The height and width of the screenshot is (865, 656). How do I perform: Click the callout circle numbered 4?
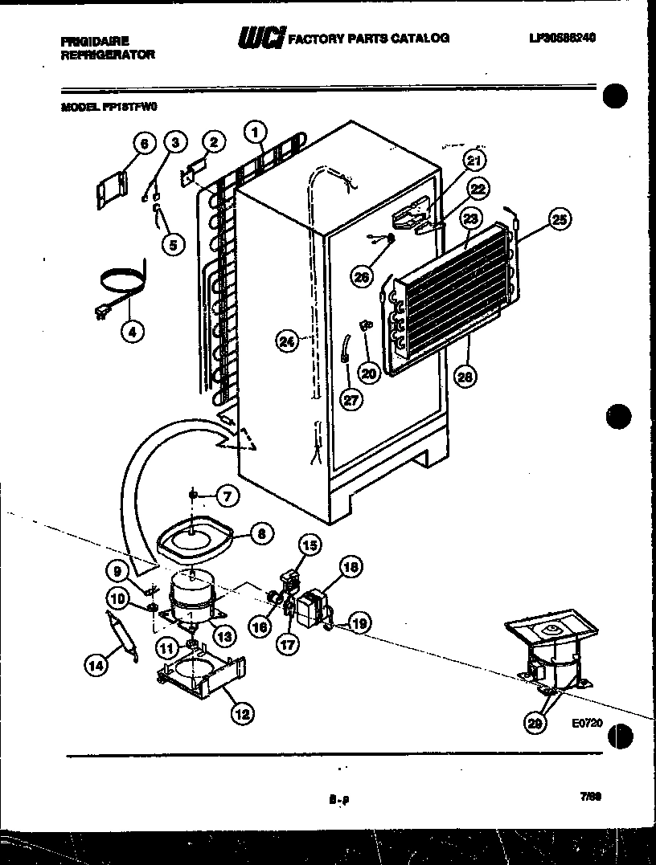[133, 329]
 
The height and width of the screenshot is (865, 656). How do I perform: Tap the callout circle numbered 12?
[240, 712]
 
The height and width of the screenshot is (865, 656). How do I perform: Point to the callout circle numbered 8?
[262, 532]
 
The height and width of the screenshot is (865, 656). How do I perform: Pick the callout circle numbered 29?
[535, 723]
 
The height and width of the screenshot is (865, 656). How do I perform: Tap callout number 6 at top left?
[144, 144]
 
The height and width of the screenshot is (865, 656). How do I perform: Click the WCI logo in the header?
[260, 38]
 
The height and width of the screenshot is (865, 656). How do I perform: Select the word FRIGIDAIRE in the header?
[95, 39]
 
